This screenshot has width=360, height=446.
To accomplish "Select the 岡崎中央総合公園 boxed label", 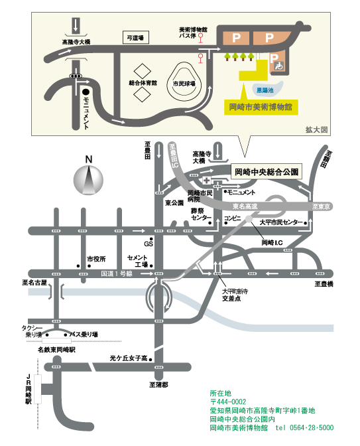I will pos(268,171).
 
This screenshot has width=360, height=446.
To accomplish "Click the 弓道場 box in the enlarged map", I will pos(136,38).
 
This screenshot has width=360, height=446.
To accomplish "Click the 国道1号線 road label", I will pos(117,272).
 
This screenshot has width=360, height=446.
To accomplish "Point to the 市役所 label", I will pos(96,259).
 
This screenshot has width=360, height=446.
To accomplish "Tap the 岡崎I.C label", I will pos(272,243).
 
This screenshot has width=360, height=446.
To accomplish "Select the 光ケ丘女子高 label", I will pos(129,358).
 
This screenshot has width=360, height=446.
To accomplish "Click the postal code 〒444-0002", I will pos(228,402).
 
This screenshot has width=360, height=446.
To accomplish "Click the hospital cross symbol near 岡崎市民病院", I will pos(208,181).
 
